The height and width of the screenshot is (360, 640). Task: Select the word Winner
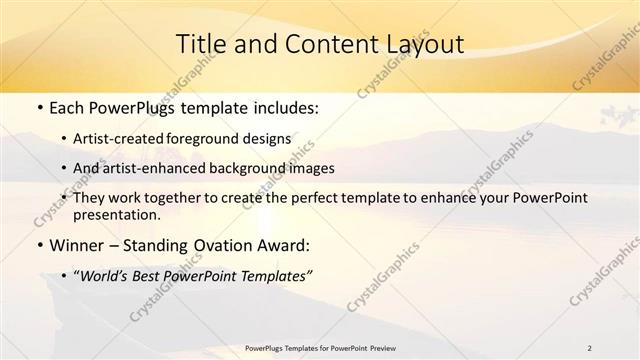(76, 245)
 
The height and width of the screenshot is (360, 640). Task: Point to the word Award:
(285, 245)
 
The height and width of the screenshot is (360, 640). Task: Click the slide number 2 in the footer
(589, 347)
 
